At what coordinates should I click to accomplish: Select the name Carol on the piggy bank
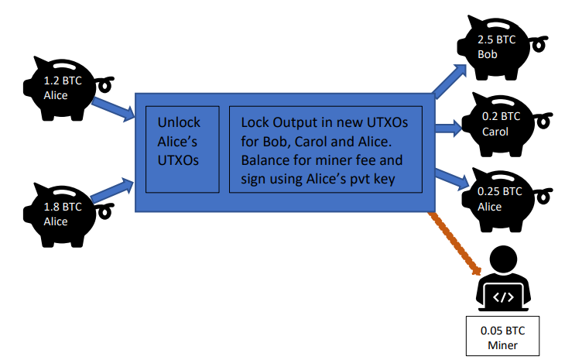495,132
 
